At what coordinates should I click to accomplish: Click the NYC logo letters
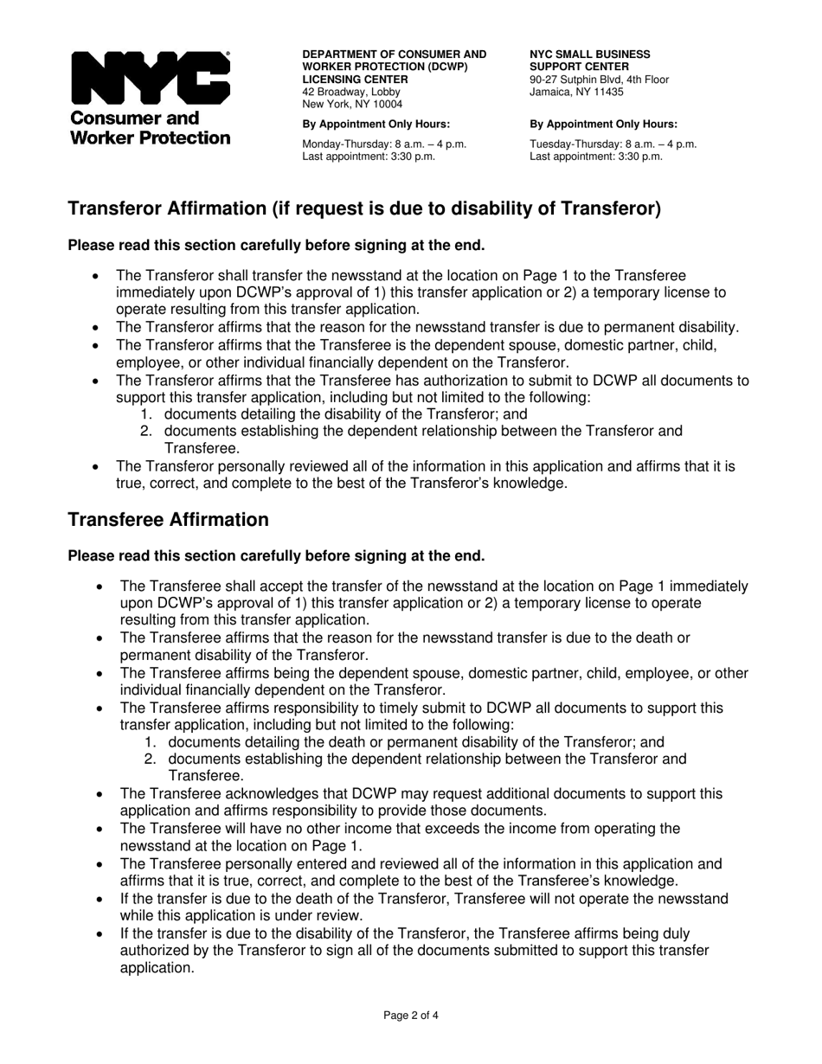coord(150,79)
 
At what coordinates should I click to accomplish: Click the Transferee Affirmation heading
coord(168,520)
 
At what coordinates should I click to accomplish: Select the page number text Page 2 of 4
coord(411,1016)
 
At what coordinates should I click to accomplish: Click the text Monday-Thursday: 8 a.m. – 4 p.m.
coord(383,144)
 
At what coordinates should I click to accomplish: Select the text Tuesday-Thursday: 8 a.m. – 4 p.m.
coord(613,144)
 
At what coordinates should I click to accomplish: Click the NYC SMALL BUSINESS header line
coord(584,54)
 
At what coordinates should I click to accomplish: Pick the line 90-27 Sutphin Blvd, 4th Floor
coord(599,80)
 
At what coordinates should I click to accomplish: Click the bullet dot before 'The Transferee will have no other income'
coord(100,830)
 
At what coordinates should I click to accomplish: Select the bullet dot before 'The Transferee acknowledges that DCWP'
coord(100,794)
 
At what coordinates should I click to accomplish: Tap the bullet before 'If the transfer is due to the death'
coord(100,899)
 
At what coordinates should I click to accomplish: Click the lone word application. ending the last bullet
coord(157,968)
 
